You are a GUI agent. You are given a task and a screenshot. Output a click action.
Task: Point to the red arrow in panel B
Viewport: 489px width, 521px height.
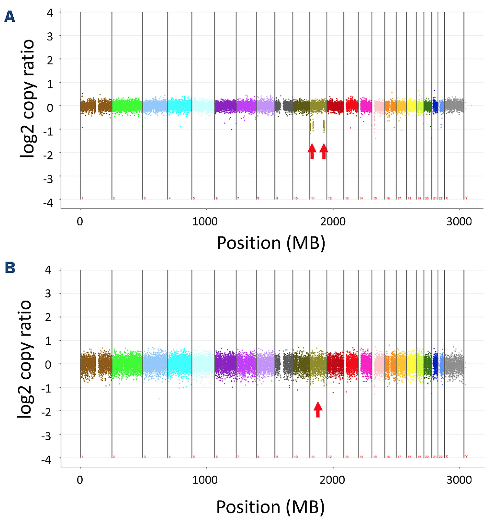(318, 409)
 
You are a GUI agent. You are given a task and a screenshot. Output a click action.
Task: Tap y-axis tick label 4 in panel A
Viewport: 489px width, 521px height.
(50, 13)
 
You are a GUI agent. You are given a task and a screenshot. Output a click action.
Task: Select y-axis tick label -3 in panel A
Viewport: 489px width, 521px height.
(48, 179)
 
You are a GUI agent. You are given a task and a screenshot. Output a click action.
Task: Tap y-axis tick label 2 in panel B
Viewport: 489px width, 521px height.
(48, 317)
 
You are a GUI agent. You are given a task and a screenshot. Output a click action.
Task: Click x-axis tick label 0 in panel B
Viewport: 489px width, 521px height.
(80, 480)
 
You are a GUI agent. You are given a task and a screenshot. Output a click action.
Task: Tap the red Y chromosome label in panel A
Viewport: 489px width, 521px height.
(466, 198)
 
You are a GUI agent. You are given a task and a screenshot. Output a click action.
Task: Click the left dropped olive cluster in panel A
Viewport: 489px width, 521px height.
(311, 125)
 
